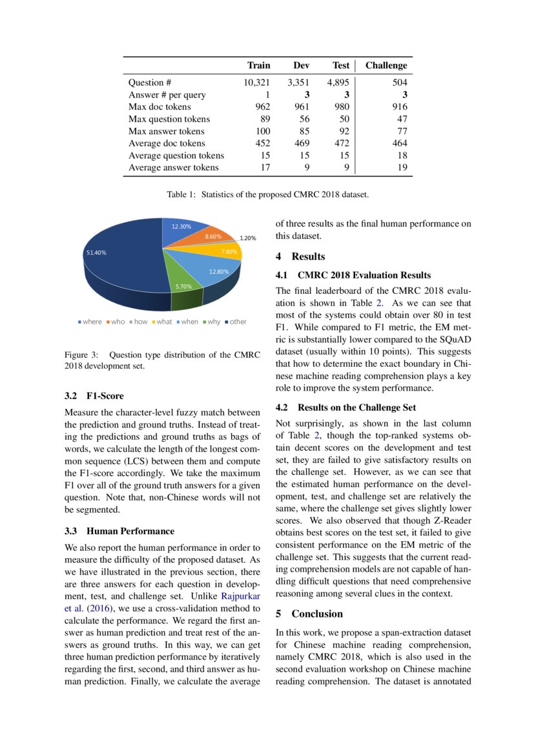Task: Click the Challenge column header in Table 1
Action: pos(386,65)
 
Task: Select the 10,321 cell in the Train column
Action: pos(256,83)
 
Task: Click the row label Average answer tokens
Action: pos(173,167)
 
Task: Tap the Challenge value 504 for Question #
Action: pos(400,83)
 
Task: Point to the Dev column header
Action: pos(301,65)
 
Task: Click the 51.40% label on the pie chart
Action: pos(96,253)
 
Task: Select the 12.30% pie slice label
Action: pos(181,227)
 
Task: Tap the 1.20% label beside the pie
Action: pos(249,238)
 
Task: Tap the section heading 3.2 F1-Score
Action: pos(94,396)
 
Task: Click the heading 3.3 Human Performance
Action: pos(119,531)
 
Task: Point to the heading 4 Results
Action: pos(300,256)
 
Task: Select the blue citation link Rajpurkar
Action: pos(240,596)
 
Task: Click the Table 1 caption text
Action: pos(267,194)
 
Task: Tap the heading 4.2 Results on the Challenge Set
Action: pos(345,408)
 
